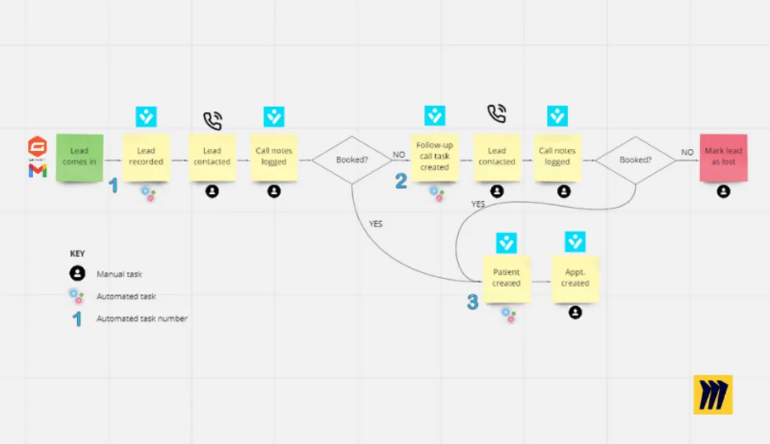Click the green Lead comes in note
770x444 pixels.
click(80, 157)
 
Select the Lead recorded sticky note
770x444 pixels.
click(146, 157)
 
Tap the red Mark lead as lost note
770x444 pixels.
click(723, 157)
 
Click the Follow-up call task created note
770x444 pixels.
click(434, 157)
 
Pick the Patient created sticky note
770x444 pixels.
click(506, 278)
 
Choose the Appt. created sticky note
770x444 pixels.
click(575, 278)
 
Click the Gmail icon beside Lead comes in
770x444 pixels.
click(37, 170)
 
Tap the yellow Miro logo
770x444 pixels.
click(712, 395)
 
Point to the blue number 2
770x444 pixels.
click(401, 182)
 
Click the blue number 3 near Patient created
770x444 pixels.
click(472, 302)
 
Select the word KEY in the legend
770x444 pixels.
click(77, 253)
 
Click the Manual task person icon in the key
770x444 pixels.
click(77, 274)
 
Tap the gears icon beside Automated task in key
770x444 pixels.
click(76, 296)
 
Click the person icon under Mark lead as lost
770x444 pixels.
click(723, 191)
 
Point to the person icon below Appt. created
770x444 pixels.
click(576, 312)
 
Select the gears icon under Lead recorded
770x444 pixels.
click(148, 193)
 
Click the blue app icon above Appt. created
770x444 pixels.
click(575, 242)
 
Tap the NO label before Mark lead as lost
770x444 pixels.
click(687, 153)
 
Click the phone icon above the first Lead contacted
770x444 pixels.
click(212, 120)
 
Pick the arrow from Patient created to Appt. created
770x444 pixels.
click(541, 282)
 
